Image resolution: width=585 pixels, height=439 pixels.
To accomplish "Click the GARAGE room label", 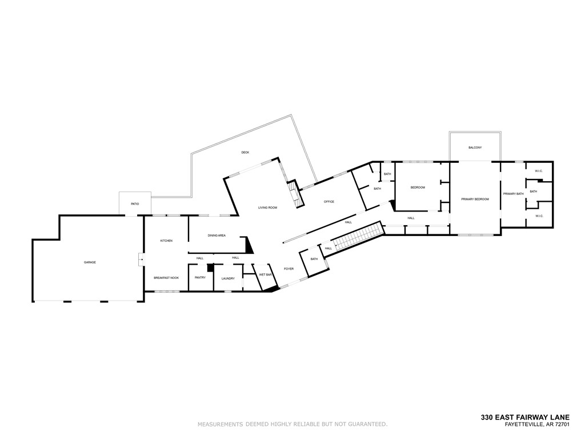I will pos(90,262).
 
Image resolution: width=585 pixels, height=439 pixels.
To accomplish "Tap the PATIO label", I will pos(135,204).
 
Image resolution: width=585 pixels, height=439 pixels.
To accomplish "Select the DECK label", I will pos(245,152).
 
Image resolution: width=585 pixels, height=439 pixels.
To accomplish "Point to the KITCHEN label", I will pos(166,241).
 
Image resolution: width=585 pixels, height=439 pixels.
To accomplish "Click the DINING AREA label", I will pos(217,236).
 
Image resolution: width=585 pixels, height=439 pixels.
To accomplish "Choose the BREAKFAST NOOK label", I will pos(166,278).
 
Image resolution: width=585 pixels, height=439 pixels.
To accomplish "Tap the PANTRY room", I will pos(200,278).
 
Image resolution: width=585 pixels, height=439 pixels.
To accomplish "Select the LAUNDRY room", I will pos(228,278).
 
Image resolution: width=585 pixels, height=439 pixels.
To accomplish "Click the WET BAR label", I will pos(265,274).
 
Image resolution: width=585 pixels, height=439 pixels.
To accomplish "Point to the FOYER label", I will pos(289,269).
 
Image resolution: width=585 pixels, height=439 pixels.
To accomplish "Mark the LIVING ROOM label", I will pos(267,207).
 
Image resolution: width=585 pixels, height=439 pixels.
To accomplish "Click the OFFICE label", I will pos(329,202).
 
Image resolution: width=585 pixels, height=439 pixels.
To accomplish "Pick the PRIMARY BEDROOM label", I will pos(475,199).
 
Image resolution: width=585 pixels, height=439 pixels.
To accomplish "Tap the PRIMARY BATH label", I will pos(513,194).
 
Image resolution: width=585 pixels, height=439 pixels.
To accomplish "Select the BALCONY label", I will pos(475,147).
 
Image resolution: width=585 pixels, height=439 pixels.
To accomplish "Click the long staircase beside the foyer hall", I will pos(358,237).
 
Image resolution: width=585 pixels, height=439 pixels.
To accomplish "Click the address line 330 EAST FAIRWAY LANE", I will pos(525,417).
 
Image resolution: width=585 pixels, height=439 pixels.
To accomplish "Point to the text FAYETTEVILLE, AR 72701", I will pos(537,424).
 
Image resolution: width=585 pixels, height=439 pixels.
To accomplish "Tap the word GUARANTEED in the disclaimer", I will pos(367,424).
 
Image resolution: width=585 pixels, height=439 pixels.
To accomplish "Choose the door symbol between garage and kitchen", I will pos(141,260).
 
